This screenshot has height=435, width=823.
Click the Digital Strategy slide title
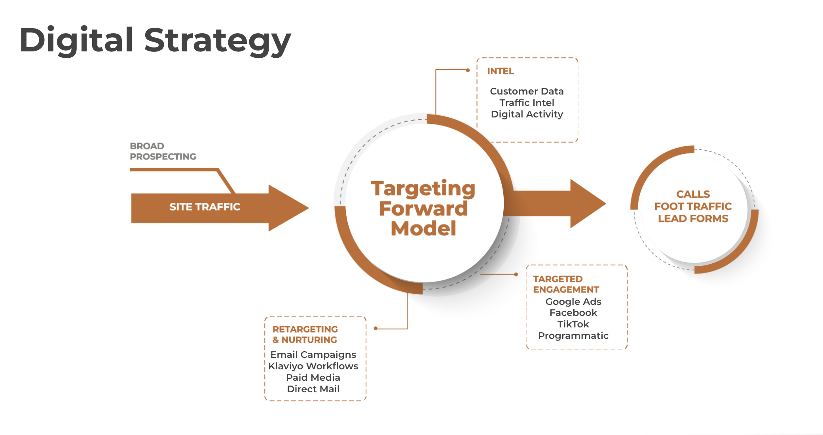tap(155, 40)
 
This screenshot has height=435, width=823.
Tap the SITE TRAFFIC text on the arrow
tap(205, 207)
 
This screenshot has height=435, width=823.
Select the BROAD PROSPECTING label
tap(163, 151)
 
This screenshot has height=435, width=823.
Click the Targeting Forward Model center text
tap(423, 208)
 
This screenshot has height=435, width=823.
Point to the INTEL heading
tap(501, 71)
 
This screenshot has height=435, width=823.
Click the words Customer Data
tap(527, 91)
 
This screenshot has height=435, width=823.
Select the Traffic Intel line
tap(527, 103)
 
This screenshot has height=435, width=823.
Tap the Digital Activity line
tap(527, 114)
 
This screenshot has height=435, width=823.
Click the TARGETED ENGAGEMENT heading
tap(566, 284)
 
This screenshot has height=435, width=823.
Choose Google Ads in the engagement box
tap(573, 302)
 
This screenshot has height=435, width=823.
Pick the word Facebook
tap(573, 313)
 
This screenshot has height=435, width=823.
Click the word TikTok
tap(573, 324)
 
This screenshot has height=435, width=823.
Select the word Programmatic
tap(573, 336)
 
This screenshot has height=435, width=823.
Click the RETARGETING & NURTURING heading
tap(305, 335)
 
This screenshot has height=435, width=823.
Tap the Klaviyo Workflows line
tap(313, 366)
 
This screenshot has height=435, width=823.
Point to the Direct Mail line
tap(313, 389)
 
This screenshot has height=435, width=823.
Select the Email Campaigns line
tap(313, 355)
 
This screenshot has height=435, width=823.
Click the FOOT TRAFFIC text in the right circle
tap(693, 206)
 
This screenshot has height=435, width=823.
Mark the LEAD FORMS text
tap(693, 219)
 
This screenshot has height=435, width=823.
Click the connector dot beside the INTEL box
tap(468, 70)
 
